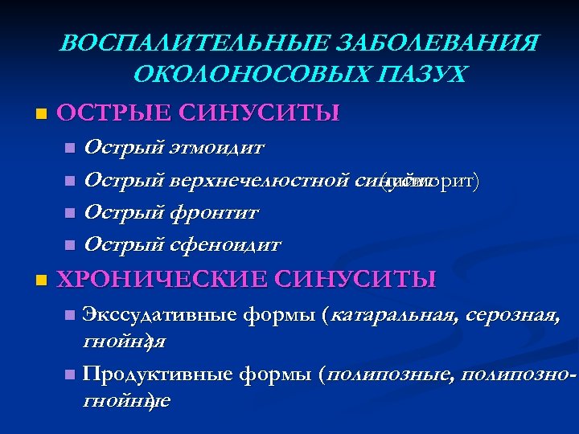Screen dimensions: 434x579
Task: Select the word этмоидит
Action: coord(217,148)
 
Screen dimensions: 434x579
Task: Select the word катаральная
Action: coord(389,314)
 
